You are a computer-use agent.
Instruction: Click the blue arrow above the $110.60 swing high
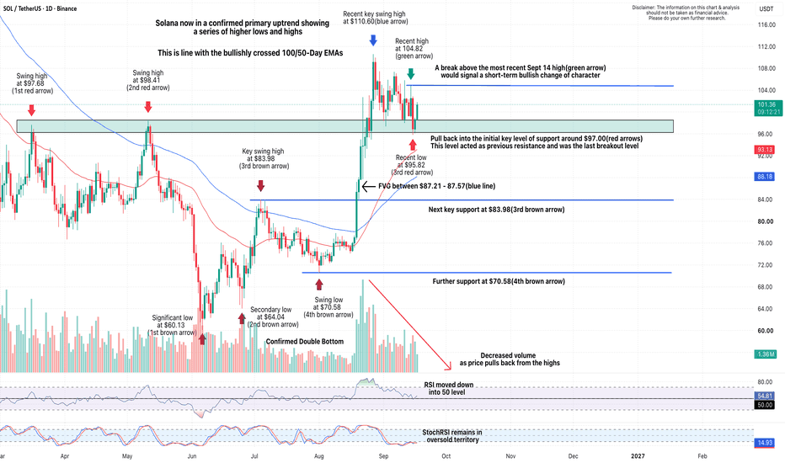373,40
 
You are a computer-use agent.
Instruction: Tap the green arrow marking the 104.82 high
411,73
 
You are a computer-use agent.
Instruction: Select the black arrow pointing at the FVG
368,187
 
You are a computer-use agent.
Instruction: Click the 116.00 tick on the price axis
766,24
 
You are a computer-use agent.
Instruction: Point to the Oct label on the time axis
446,456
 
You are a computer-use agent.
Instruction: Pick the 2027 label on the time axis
638,456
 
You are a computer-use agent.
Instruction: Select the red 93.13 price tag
766,150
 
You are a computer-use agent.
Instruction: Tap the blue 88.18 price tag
766,176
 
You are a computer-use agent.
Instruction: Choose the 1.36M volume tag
766,354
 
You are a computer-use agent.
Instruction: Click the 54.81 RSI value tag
766,396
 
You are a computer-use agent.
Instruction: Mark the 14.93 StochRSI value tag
766,443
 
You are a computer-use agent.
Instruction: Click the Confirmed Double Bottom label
305,342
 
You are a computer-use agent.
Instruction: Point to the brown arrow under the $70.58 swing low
319,285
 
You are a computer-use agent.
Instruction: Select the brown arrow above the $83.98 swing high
261,186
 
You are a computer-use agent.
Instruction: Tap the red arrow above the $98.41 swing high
148,107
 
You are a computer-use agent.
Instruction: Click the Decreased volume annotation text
510,359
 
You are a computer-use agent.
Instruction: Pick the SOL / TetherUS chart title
40,8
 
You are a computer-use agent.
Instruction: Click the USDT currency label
766,8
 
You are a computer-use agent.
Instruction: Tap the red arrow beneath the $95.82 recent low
413,145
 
